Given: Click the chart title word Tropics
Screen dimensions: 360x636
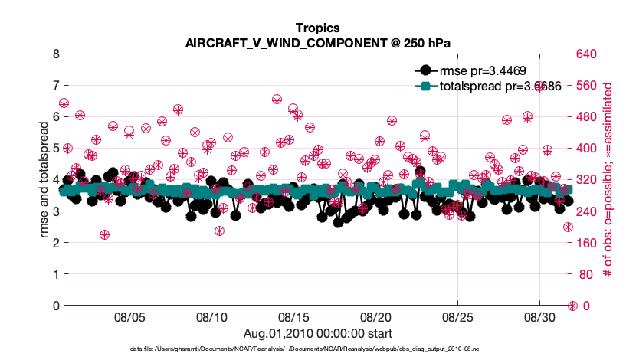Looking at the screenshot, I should coord(317,28).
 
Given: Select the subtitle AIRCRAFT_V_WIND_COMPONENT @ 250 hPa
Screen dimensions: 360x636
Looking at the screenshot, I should coord(317,43).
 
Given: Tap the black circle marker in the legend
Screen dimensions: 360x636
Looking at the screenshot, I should coord(426,71).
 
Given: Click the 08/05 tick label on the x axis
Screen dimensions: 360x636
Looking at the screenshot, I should coord(129,316).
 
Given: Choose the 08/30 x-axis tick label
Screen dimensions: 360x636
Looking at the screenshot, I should coord(539,316).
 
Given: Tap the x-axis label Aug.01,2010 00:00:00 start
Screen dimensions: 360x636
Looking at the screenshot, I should coord(317,333).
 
